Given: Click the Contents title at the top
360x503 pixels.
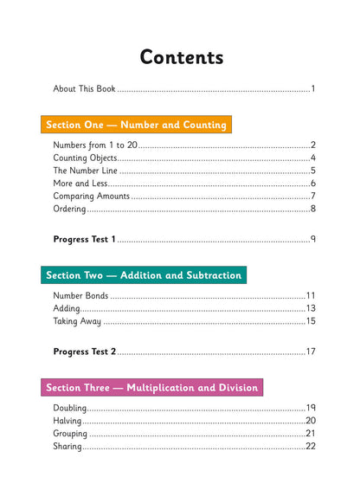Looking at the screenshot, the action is pyautogui.click(x=181, y=57).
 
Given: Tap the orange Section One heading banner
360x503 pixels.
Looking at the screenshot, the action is pyautogui.click(x=136, y=125).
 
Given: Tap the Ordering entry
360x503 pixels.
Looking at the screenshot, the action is pyautogui.click(x=70, y=209).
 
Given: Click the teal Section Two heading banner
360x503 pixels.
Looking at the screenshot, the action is pyautogui.click(x=144, y=275).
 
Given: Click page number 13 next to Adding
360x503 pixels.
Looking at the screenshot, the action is pyautogui.click(x=311, y=308).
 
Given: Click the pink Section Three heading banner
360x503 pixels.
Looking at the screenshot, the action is pyautogui.click(x=151, y=388).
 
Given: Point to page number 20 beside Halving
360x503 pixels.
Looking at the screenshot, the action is pyautogui.click(x=311, y=421).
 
